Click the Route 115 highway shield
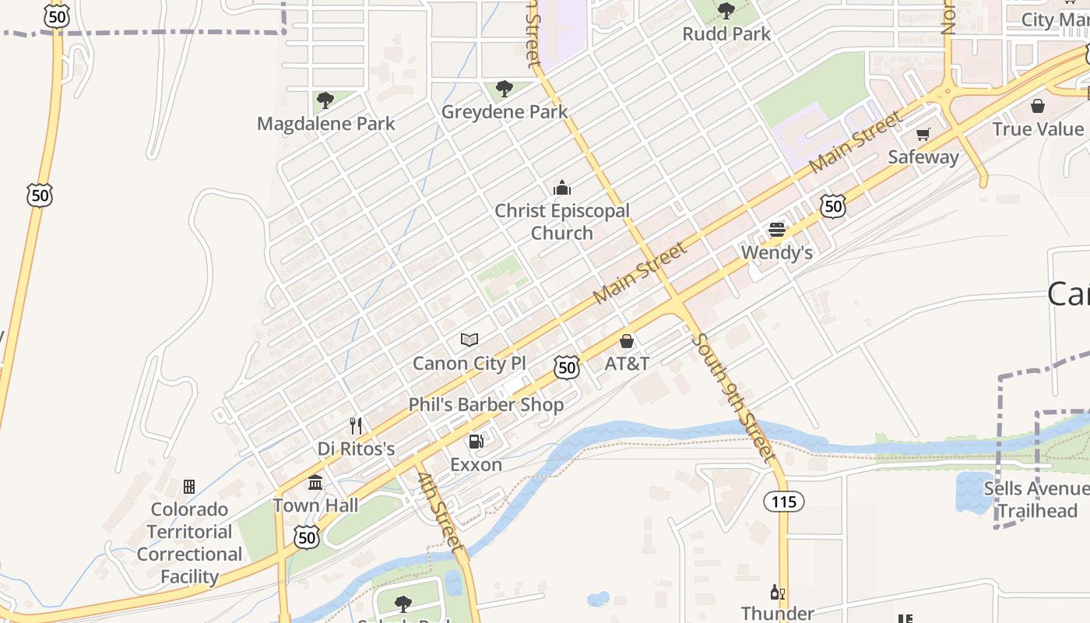(783, 502)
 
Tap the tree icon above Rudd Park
(726, 11)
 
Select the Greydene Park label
(505, 112)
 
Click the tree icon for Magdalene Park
(325, 100)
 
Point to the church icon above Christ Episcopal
(561, 188)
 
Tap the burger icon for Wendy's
(777, 230)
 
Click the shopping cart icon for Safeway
(923, 134)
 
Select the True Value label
(1038, 129)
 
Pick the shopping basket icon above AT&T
(627, 341)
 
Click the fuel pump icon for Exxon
(476, 442)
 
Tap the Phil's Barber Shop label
(486, 405)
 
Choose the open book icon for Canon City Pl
(469, 340)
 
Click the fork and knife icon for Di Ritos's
(356, 426)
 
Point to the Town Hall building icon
(315, 483)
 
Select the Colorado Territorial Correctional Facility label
(189, 543)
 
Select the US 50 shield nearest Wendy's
(833, 206)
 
